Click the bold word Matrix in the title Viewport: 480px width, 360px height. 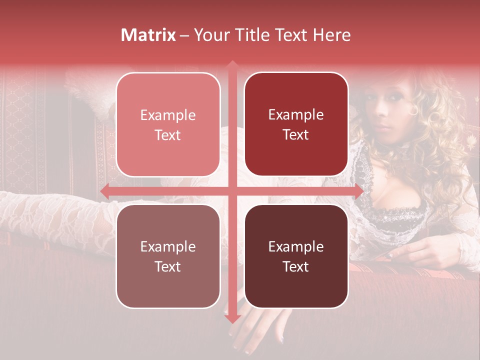tap(148, 35)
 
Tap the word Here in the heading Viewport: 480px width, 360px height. tap(332, 35)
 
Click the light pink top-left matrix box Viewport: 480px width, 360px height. tap(168, 124)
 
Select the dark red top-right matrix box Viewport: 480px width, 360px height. tap(296, 124)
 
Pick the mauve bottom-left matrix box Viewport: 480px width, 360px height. tap(168, 256)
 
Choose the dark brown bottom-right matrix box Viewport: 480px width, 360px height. tap(296, 256)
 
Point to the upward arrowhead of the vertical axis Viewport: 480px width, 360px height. tap(232, 65)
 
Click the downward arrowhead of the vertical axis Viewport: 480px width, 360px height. tap(232, 318)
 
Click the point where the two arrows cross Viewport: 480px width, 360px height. tap(232, 191)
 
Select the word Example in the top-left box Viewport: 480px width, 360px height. tap(168, 115)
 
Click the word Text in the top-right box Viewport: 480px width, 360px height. tap(296, 135)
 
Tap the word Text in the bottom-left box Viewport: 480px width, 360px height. tap(168, 266)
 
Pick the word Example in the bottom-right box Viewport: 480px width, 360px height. tap(296, 246)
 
